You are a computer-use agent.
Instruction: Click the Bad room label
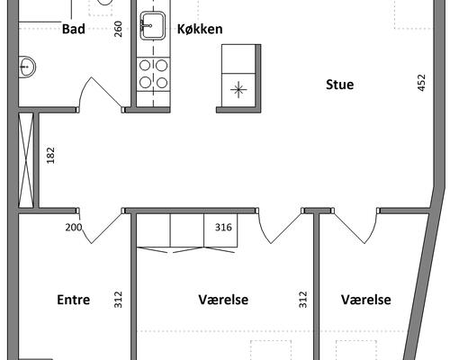[74, 29]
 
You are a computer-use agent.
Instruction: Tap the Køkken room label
[200, 29]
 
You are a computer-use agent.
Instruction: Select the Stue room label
[339, 85]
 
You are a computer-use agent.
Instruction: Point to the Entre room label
[74, 300]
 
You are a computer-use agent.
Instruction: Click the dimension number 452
[421, 83]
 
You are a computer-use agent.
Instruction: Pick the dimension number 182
[50, 155]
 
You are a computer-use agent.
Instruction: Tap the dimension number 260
[119, 29]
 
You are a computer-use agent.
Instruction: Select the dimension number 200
[74, 228]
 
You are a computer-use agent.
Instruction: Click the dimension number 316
[223, 228]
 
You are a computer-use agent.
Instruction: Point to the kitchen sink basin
[153, 25]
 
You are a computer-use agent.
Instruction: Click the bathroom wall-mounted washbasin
[27, 67]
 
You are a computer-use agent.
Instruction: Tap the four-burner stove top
[153, 74]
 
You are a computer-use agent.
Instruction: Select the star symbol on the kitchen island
[238, 89]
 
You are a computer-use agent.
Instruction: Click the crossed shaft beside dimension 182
[26, 160]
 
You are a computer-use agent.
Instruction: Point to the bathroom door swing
[100, 94]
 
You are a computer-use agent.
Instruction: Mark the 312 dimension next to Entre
[119, 300]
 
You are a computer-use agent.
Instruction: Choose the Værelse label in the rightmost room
[366, 300]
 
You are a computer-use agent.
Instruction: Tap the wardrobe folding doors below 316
[186, 250]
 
